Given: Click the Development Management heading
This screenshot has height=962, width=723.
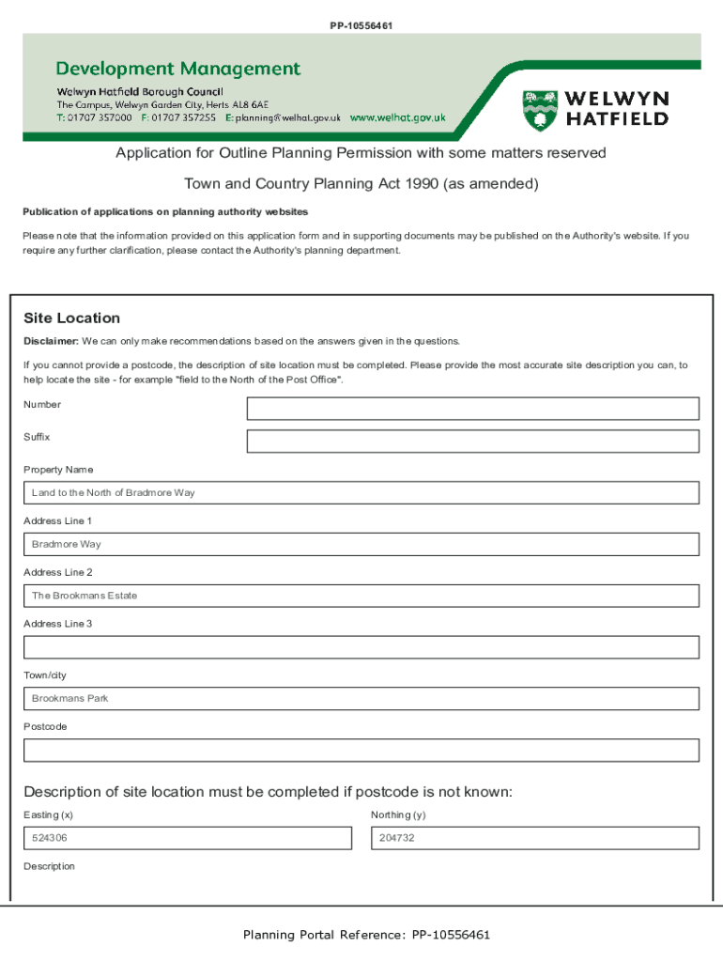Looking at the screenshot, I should point(178,69).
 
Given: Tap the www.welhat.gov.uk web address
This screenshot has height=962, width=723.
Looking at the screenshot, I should point(397,118).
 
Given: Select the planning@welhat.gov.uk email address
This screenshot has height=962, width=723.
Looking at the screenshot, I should point(288,118).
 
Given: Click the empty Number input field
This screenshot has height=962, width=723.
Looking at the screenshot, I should point(472,409).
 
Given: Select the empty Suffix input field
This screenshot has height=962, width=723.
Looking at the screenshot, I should point(472,442).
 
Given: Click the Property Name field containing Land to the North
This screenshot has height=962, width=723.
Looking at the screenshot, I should point(361,492).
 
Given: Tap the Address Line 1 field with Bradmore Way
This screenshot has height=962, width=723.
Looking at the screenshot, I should point(361,544).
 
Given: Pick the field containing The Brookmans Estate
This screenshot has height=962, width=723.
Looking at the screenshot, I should point(361,596).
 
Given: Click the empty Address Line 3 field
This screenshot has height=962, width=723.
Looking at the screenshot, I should point(361,647).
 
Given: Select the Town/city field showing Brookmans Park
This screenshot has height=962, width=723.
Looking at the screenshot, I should point(361,699).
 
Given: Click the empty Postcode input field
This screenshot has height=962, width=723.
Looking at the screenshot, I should point(361,751).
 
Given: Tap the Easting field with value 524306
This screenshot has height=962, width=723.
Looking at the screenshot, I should point(187,838).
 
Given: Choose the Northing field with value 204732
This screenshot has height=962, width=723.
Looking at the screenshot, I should point(534,838).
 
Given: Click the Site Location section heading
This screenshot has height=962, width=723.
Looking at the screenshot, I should point(71,318).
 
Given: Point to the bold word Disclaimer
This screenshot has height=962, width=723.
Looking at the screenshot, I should point(51,341).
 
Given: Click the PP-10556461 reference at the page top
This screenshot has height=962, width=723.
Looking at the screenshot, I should point(361,25).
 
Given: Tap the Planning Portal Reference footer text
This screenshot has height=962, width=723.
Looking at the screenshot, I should point(366,935).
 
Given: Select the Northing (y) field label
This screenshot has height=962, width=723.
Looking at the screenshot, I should point(398,815).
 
